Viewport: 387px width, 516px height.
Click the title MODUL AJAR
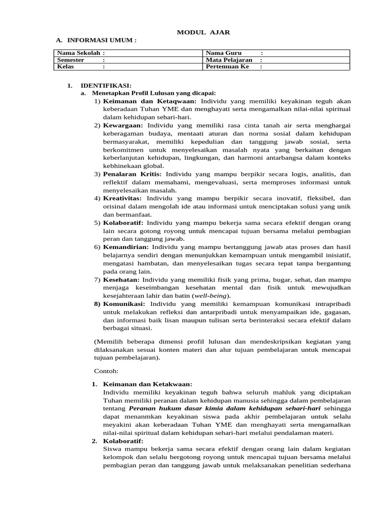pyautogui.click(x=203, y=32)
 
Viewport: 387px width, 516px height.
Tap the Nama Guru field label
pyautogui.click(x=224, y=53)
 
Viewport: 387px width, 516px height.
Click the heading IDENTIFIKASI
pyautogui.click(x=106, y=86)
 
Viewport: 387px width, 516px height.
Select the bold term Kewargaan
pyautogui.click(x=123, y=125)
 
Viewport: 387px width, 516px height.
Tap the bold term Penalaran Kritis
pyautogui.click(x=128, y=174)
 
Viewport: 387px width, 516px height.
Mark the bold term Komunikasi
pyautogui.click(x=124, y=304)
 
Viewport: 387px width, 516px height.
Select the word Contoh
pyautogui.click(x=106, y=371)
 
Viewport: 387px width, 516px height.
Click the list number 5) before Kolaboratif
pyautogui.click(x=97, y=223)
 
